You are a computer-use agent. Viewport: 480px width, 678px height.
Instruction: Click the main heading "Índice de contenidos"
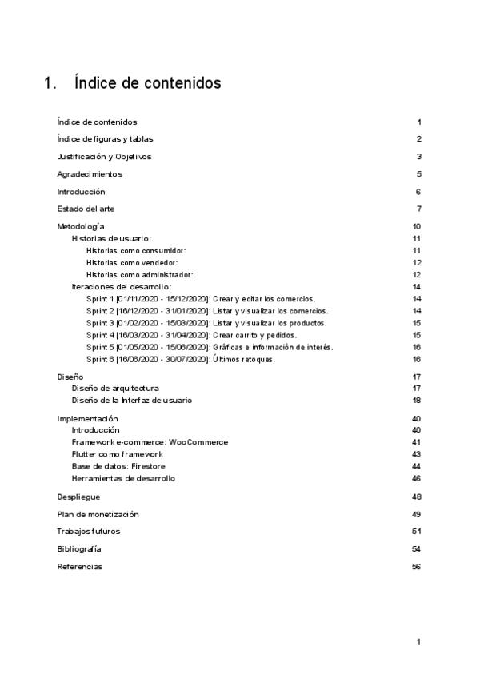point(147,83)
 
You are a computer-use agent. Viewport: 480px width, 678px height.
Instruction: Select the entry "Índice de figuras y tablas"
point(105,139)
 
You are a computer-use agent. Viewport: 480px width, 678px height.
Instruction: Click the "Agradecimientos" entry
point(90,174)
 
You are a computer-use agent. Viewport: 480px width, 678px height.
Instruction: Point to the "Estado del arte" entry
point(86,209)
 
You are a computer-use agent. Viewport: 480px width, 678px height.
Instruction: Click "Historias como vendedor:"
point(131,263)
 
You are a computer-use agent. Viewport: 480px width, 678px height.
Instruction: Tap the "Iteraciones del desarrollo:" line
point(122,287)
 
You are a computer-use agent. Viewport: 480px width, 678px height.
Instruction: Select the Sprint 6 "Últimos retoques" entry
point(180,359)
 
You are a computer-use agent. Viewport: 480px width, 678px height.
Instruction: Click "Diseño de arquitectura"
point(121,388)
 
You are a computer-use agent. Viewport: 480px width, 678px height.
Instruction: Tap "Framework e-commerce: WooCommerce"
point(150,442)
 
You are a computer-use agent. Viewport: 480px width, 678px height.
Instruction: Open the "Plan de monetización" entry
point(98,514)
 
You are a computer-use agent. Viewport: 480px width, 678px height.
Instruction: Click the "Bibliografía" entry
point(79,549)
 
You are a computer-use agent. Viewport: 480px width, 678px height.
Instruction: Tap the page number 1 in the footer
point(418,642)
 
